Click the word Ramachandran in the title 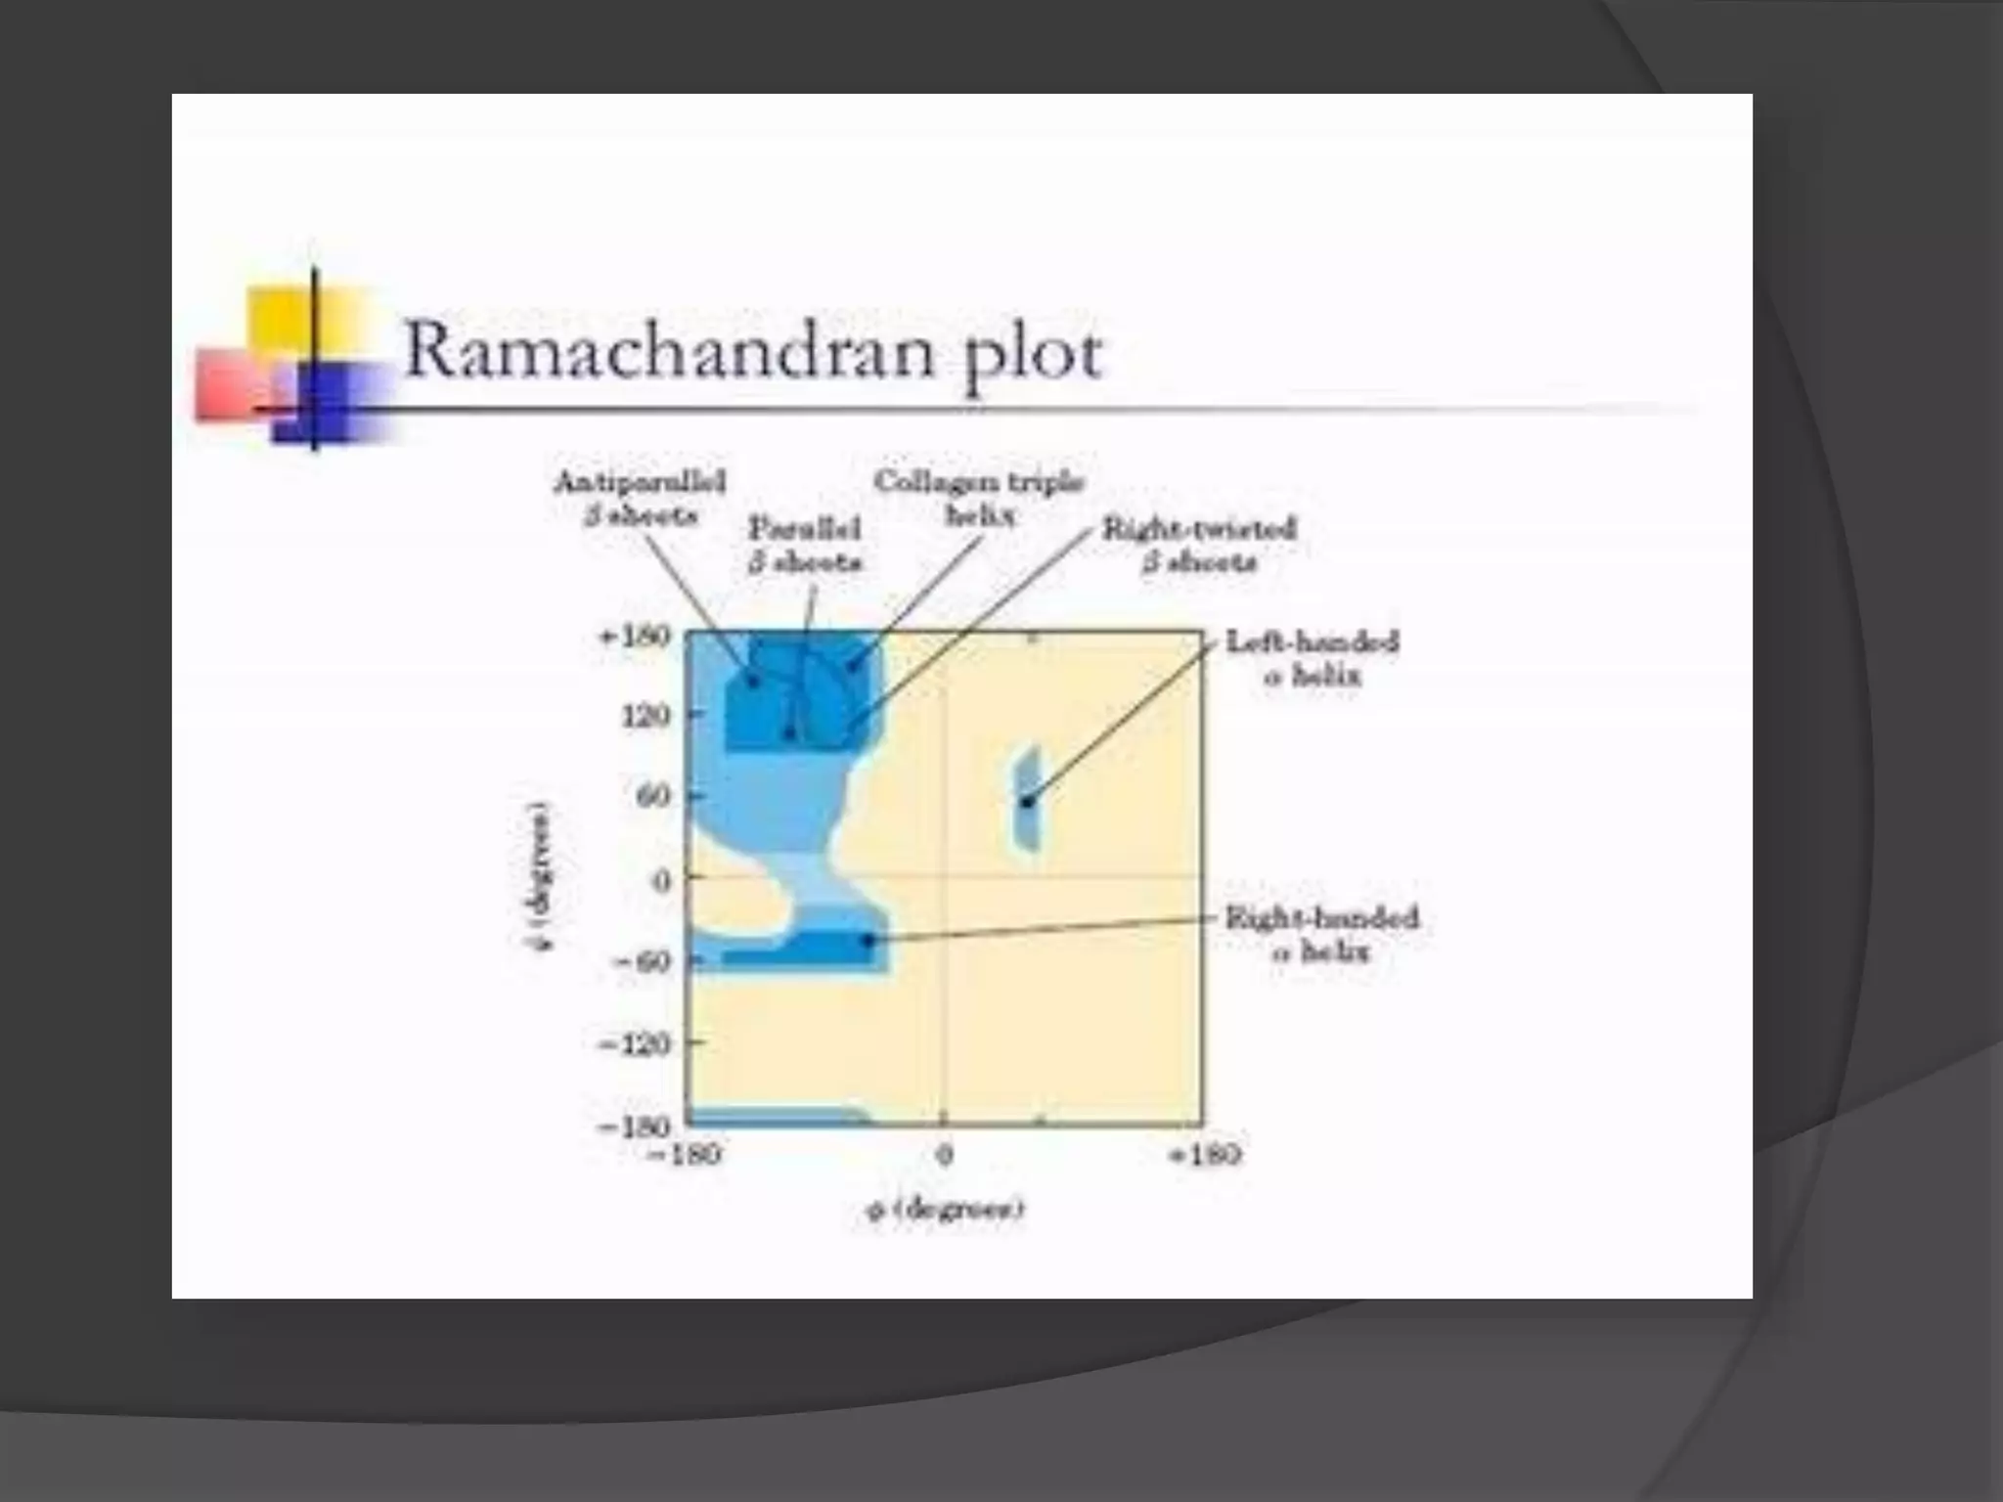(x=675, y=350)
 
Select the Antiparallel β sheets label (x=640, y=498)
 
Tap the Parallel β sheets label (x=805, y=545)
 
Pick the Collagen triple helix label (x=979, y=498)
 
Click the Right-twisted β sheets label (x=1199, y=545)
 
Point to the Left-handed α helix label (x=1312, y=658)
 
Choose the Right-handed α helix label (x=1321, y=934)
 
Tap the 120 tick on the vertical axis (x=645, y=716)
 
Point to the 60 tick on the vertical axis (x=654, y=796)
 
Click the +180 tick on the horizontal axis (x=1205, y=1156)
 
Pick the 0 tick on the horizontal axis (x=944, y=1156)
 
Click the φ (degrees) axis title (x=945, y=1210)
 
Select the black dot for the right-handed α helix (x=868, y=940)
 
